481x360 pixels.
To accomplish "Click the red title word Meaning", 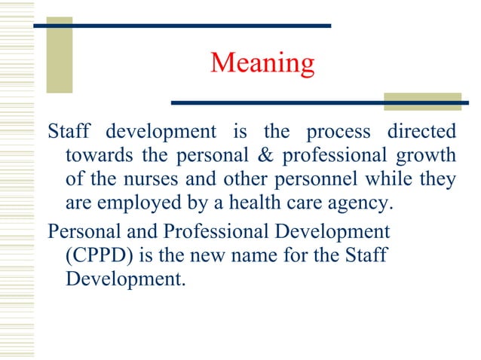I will click(262, 63).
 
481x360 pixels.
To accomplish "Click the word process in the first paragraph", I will click(339, 132).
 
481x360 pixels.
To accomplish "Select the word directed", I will click(422, 132).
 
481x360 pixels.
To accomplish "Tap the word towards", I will click(94, 156).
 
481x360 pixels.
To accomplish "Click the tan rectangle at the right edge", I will click(421, 102).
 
